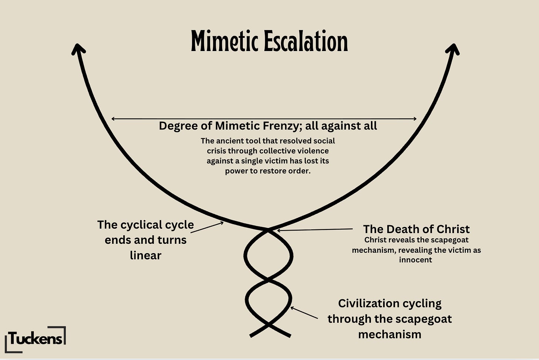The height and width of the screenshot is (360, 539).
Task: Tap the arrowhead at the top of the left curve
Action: tap(78, 49)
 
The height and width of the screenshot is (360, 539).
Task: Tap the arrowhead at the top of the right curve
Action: tap(453, 49)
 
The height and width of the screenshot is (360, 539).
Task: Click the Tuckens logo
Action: tap(36, 339)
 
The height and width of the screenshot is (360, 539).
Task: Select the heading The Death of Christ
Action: tap(416, 229)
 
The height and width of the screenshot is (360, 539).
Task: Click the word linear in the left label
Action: tap(145, 255)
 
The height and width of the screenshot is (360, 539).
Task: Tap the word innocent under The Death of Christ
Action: tap(415, 260)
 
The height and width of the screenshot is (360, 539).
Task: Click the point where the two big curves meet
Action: tap(268, 229)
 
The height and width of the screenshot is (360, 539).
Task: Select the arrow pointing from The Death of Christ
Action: tap(315, 230)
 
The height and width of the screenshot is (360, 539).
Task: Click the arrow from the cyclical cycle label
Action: tap(207, 227)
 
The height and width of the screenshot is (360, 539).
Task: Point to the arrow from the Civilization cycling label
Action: tap(304, 312)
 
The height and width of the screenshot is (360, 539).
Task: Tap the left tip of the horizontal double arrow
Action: tap(112, 119)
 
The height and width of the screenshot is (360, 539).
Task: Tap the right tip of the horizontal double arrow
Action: tap(416, 119)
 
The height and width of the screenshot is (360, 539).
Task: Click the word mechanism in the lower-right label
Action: tap(389, 334)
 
